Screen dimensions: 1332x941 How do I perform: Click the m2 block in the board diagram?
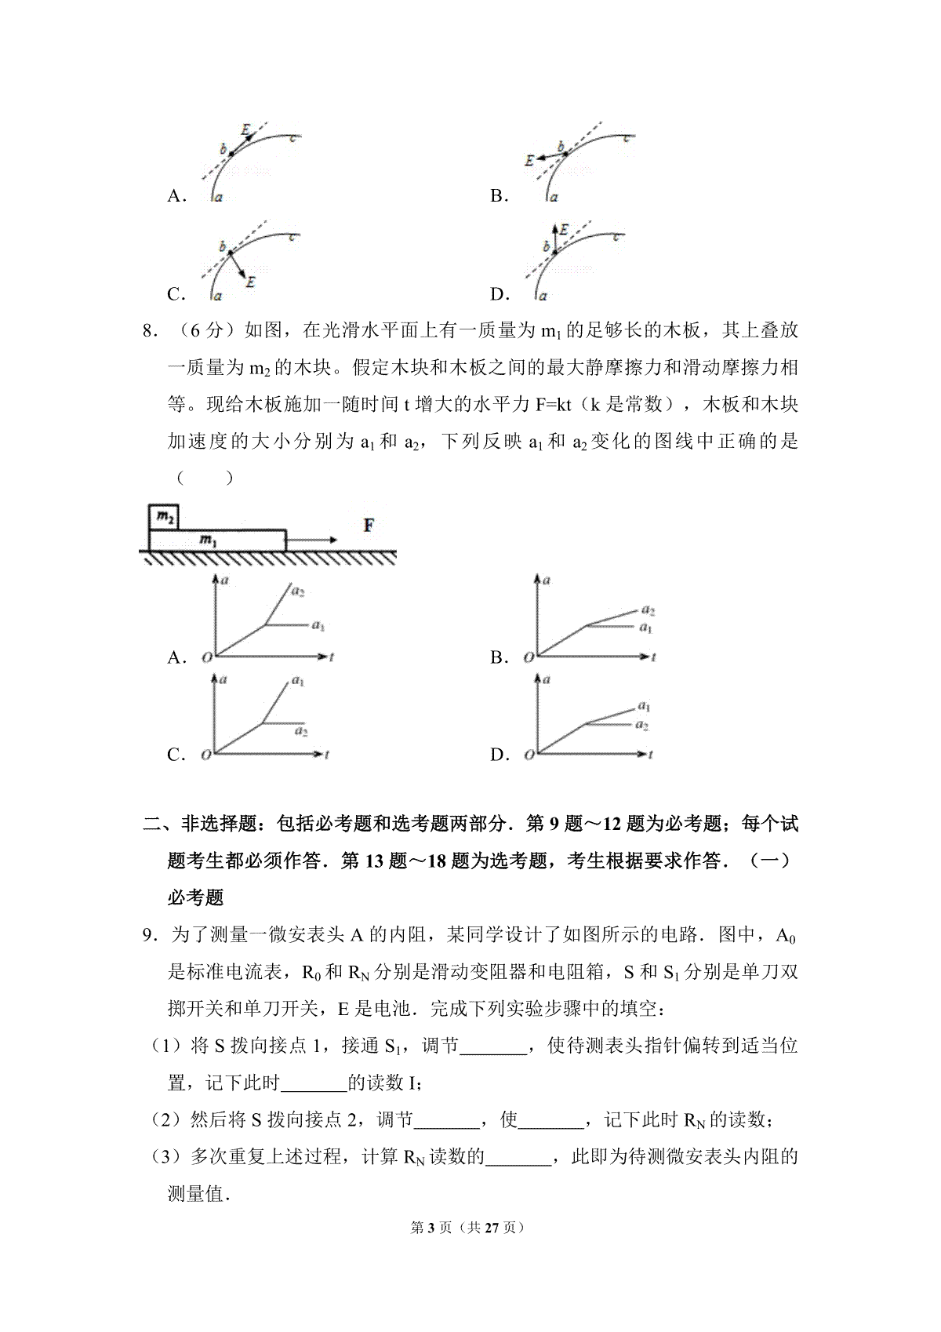(x=165, y=517)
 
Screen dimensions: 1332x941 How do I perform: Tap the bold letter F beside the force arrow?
(x=369, y=526)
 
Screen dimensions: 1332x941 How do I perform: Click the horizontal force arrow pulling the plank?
(x=311, y=540)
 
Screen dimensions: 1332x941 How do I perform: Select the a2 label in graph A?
(x=298, y=591)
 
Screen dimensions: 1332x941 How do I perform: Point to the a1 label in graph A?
(x=318, y=626)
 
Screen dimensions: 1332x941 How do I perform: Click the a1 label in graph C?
(x=298, y=682)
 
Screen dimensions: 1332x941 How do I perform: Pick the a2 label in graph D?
(x=641, y=726)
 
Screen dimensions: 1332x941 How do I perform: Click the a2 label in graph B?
(x=647, y=610)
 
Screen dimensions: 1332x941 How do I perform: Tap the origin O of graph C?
(x=205, y=755)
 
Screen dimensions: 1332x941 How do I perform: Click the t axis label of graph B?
(x=652, y=657)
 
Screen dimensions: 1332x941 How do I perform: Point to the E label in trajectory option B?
(x=529, y=160)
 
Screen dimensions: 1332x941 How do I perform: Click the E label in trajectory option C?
(x=250, y=282)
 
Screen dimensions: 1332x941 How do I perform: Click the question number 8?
(x=147, y=331)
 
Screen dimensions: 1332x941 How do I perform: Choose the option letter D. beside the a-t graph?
(x=500, y=755)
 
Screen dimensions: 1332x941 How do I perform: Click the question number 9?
(x=147, y=934)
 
